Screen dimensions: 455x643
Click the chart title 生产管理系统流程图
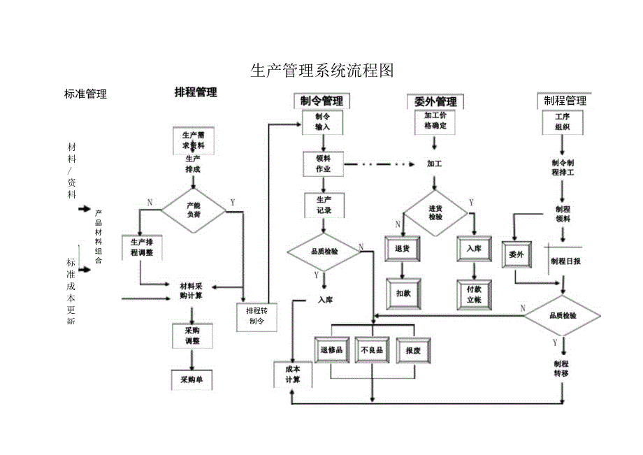coord(322,71)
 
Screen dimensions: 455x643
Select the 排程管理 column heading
coord(196,92)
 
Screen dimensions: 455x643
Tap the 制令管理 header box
coord(321,101)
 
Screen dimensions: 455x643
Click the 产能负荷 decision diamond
coord(194,210)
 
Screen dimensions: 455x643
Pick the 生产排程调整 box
coord(142,247)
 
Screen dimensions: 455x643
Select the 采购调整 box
coord(192,336)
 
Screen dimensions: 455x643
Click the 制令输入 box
coord(322,122)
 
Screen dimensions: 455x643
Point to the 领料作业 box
coord(323,164)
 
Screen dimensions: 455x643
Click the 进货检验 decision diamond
coord(435,212)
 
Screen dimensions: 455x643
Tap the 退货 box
coord(402,249)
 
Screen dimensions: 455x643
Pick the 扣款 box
coord(403,294)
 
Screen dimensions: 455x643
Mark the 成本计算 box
coord(292,374)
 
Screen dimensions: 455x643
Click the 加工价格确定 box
coord(435,122)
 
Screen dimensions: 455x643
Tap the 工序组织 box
coord(563,122)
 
